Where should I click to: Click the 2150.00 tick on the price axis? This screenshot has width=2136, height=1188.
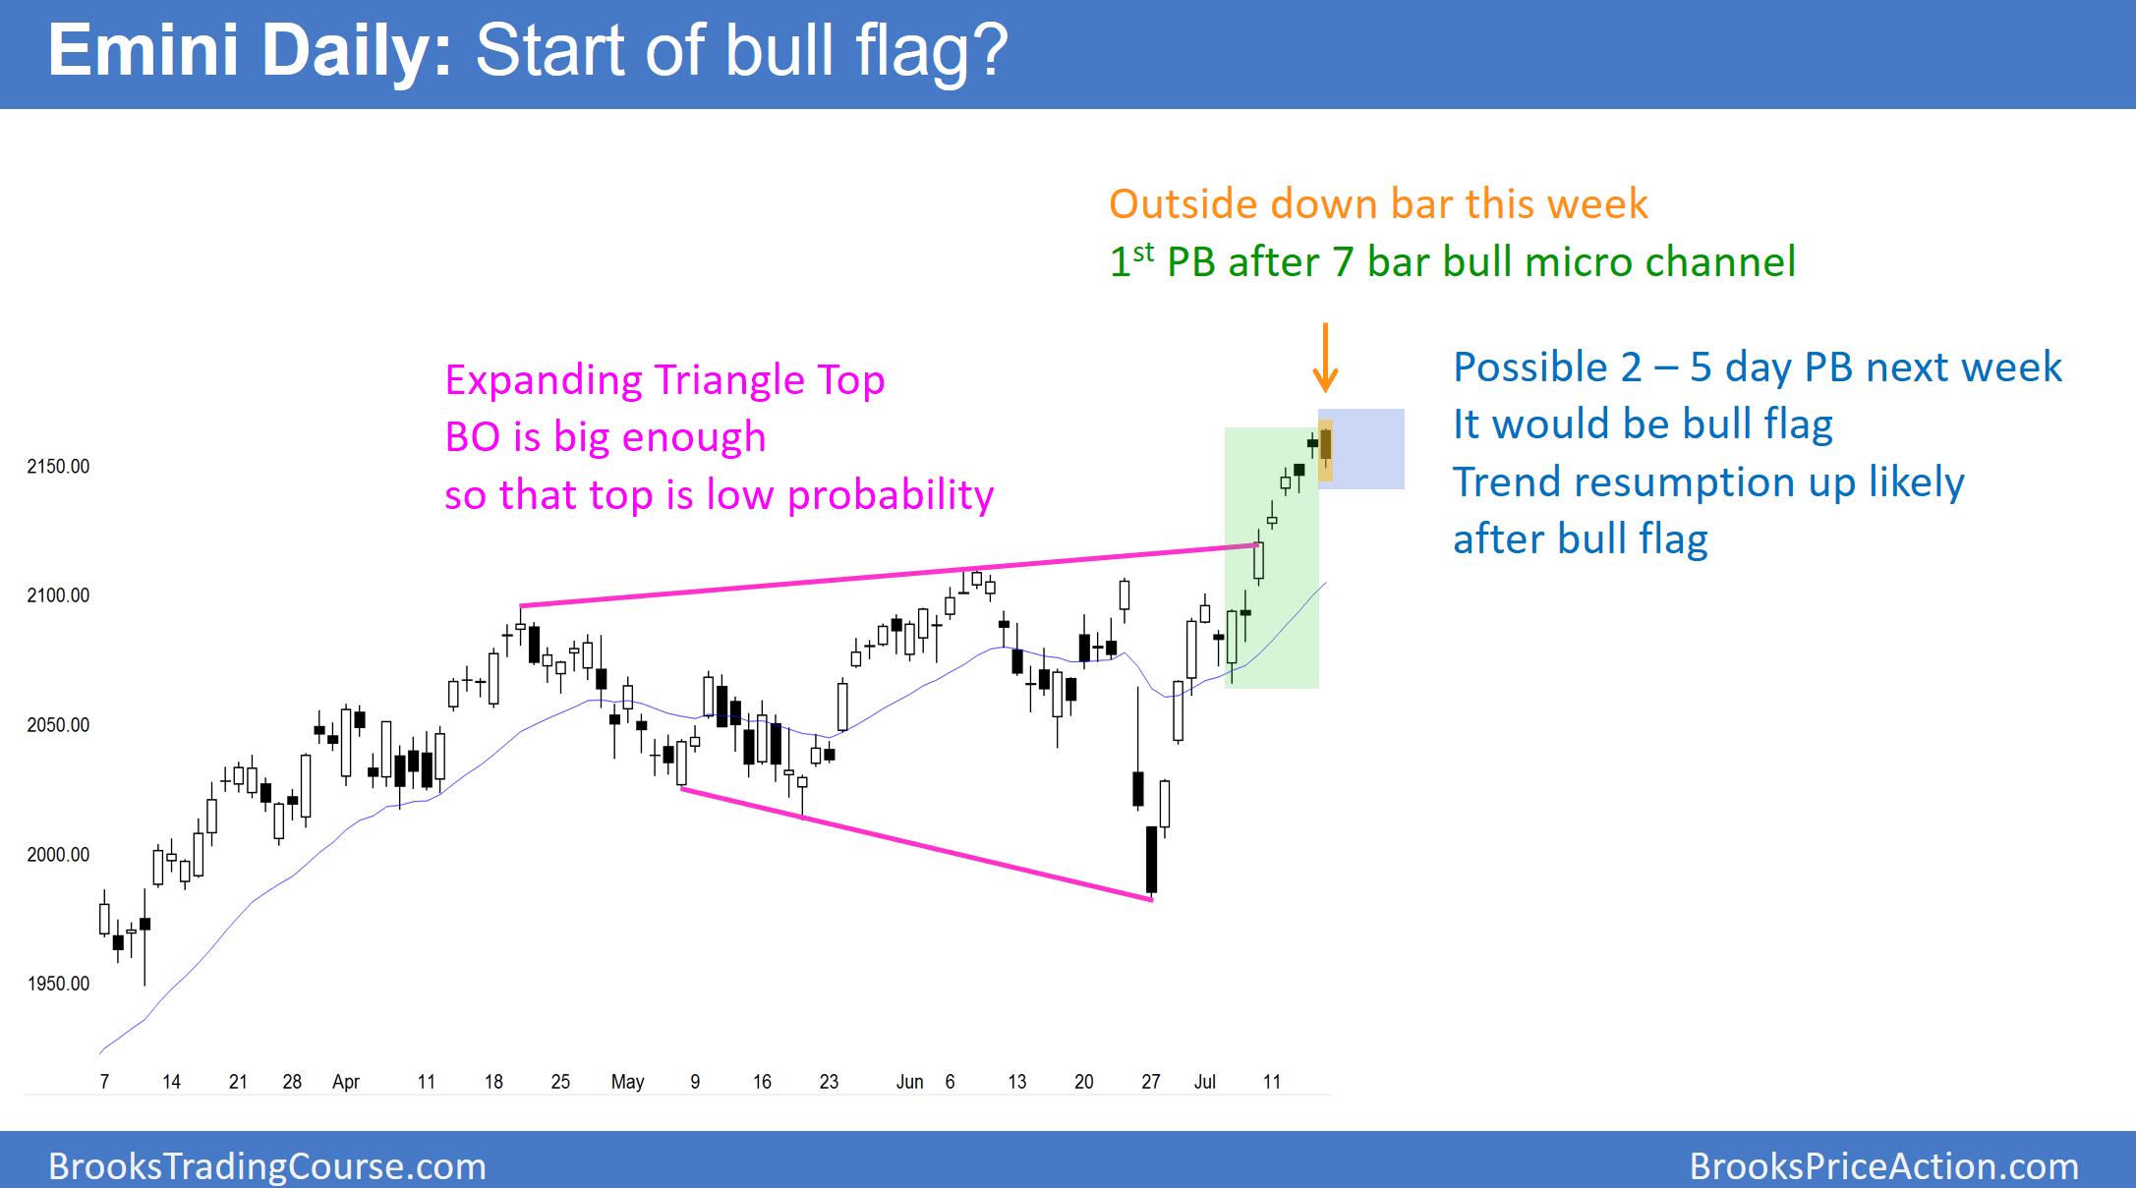tap(58, 467)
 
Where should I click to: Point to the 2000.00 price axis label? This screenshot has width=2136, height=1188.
tap(58, 855)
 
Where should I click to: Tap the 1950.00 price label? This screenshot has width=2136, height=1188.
tap(58, 984)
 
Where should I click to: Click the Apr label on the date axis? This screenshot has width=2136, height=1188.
tap(346, 1082)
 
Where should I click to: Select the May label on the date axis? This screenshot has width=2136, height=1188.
tap(627, 1082)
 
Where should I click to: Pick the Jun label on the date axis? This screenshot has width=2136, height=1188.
tap(909, 1082)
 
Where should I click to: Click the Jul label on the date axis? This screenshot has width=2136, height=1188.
tap(1204, 1082)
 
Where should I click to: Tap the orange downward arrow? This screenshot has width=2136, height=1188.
tap(1325, 358)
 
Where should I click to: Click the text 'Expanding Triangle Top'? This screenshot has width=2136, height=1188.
tap(664, 380)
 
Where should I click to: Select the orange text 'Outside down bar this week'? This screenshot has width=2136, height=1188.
tap(1377, 204)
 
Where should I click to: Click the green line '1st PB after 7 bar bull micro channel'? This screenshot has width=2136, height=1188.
tap(1452, 262)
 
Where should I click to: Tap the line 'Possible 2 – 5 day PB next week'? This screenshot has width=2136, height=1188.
tap(1757, 368)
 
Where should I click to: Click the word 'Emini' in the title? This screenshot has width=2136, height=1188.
tap(144, 51)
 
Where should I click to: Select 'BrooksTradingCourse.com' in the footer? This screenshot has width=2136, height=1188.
tap(267, 1166)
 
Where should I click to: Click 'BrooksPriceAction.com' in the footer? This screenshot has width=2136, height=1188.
tap(1883, 1166)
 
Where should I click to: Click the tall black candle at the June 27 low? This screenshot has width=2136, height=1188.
tap(1151, 859)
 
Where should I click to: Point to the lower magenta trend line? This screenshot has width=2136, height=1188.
tap(914, 843)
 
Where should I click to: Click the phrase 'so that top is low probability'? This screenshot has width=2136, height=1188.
tap(719, 495)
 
